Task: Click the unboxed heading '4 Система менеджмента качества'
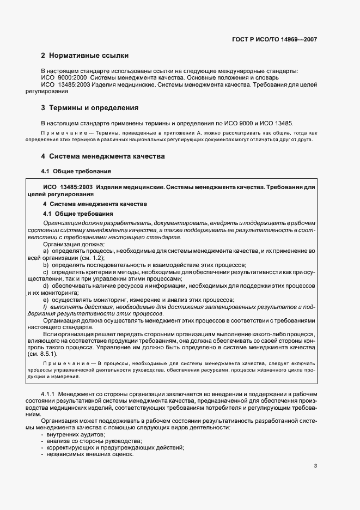tap(103, 156)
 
